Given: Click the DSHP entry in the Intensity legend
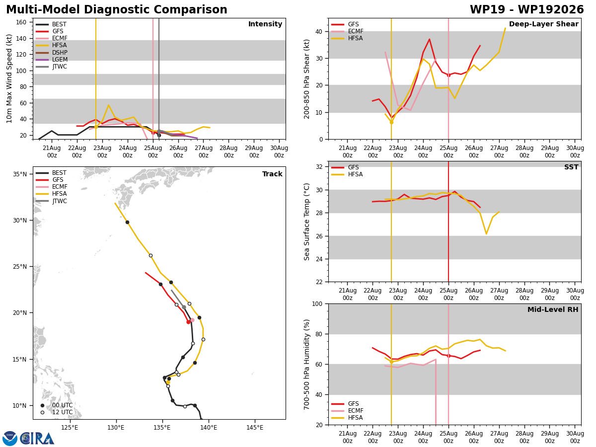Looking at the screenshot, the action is pos(52,52).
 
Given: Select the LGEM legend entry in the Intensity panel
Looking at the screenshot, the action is pos(52,60).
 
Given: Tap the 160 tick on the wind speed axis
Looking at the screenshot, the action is pos(21,22).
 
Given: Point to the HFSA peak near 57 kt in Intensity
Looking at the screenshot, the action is pos(109,105).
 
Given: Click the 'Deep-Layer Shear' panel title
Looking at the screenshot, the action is pos(543,24).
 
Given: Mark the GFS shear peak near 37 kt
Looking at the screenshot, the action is pos(429,39).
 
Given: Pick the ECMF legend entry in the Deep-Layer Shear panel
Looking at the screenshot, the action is pos(347,31).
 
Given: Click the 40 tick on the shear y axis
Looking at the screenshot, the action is pos(319,31).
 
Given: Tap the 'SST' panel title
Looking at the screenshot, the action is pos(571,167).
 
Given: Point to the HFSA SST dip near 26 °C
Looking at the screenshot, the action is pos(486,233).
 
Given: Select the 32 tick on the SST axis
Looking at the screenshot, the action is pos(319,167).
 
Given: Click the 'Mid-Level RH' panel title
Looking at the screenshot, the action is pos(553,309).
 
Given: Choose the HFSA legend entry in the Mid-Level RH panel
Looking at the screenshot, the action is pos(347,418).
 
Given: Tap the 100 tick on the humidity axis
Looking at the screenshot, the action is pos(317,303).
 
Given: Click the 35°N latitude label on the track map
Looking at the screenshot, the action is pos(20,174).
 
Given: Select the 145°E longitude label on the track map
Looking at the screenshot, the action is pos(255,428).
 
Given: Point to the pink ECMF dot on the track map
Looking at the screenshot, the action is pos(192,320).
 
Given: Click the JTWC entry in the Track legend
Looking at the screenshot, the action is pos(51,201).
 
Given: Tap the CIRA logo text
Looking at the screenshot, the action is pos(37,439).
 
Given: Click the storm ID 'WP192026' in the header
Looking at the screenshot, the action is pos(551,10).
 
